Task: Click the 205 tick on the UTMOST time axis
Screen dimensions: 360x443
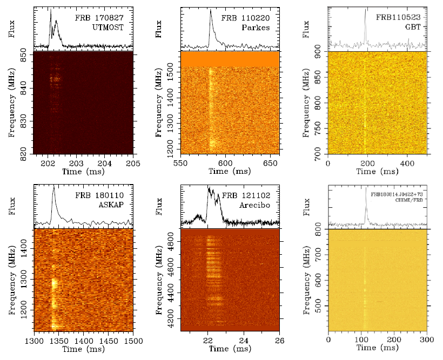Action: click(x=133, y=164)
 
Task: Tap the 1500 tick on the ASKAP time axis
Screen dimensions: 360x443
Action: click(x=133, y=341)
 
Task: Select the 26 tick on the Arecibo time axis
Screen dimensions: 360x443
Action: click(x=279, y=341)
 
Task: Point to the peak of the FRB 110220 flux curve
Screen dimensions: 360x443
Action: click(x=210, y=10)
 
